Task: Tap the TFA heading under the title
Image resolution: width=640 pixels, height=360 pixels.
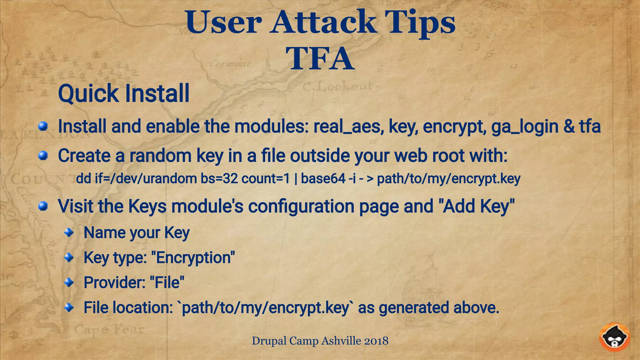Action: (320, 59)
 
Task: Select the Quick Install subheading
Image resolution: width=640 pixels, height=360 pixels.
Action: (124, 93)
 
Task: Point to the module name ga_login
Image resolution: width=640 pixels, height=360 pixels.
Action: (525, 127)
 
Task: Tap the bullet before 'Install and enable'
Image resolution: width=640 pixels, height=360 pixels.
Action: (43, 127)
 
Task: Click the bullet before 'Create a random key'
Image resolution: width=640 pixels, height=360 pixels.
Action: (43, 155)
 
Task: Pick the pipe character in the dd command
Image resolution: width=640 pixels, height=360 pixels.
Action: (295, 179)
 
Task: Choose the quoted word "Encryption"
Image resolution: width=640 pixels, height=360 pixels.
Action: (193, 258)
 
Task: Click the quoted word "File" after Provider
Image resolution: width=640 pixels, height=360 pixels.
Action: (167, 282)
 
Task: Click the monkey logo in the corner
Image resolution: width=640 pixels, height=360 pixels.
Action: (614, 338)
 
